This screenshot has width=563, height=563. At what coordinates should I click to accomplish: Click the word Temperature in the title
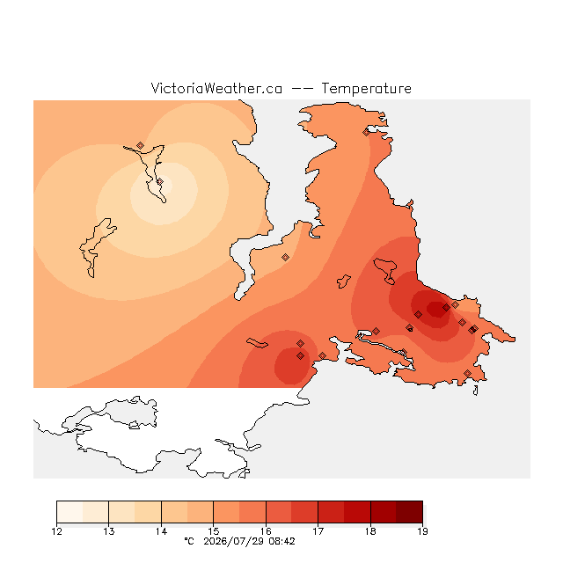(366, 88)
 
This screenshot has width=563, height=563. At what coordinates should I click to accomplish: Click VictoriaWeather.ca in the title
(216, 88)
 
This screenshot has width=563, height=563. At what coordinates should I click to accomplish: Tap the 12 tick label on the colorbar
(56, 531)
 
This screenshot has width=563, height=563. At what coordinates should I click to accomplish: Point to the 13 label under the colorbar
(109, 531)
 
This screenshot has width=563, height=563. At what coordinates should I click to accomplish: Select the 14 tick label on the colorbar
(161, 531)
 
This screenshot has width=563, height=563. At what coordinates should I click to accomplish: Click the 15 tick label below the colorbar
(213, 531)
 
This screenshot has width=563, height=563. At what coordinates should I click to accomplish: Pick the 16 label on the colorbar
(266, 531)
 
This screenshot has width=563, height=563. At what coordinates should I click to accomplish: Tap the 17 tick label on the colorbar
(318, 531)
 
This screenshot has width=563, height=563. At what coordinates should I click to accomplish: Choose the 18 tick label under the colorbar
(370, 531)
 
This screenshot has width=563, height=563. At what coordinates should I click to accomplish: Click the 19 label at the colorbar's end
(422, 531)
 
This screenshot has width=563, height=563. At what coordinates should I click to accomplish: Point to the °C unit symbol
(189, 541)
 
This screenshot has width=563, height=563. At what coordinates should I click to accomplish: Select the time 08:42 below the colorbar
(281, 541)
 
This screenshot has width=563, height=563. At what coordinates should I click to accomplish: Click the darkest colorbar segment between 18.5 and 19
(410, 512)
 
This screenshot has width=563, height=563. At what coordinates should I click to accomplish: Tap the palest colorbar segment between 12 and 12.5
(69, 512)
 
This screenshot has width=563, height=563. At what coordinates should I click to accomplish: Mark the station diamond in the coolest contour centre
(160, 182)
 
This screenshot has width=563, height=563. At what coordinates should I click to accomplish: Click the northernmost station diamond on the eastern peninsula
(366, 133)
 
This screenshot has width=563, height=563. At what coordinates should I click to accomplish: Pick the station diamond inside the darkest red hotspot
(446, 307)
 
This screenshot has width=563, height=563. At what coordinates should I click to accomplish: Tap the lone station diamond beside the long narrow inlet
(285, 257)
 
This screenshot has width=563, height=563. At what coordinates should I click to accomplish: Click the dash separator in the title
(302, 89)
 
